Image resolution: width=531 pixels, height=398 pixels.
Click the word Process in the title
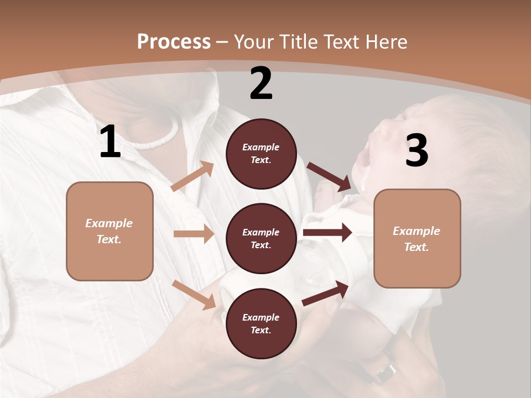[174, 42]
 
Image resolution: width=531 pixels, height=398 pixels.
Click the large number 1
[110, 142]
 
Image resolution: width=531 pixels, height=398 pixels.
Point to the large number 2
[261, 83]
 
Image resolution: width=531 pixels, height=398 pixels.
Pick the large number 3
[417, 151]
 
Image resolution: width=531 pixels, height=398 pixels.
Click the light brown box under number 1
[110, 231]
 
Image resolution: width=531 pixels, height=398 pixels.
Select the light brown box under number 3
[417, 238]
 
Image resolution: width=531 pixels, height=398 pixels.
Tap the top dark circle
[261, 154]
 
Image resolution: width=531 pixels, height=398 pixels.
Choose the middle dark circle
[261, 238]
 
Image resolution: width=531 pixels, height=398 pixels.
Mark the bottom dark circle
[261, 323]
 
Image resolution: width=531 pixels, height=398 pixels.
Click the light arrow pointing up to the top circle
[192, 176]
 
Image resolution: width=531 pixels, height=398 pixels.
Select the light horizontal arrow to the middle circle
[194, 234]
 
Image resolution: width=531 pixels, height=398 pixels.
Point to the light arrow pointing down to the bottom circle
[194, 295]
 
